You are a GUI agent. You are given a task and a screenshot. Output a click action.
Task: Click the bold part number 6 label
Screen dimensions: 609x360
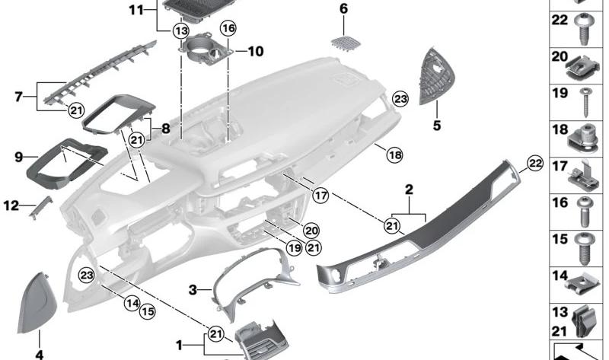(344, 8)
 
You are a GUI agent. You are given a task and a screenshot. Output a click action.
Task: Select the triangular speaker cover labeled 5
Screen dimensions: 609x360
(437, 76)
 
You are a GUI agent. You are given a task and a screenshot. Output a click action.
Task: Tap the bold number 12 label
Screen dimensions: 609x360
(11, 205)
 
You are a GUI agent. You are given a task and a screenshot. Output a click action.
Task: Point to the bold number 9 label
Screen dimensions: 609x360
(18, 158)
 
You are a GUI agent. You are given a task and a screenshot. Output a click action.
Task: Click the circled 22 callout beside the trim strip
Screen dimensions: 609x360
(535, 163)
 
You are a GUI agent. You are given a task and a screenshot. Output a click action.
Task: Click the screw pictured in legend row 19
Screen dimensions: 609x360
(585, 102)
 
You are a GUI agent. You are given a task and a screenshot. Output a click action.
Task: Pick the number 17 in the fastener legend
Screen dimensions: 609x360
(560, 166)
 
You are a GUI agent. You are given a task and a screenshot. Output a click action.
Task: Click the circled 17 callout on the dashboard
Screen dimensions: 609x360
(320, 195)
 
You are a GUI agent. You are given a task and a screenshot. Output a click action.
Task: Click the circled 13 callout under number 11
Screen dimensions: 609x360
(181, 30)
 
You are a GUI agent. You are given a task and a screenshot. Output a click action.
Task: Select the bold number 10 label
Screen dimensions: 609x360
(256, 51)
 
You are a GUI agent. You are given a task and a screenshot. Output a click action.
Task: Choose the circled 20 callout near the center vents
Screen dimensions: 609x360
(311, 231)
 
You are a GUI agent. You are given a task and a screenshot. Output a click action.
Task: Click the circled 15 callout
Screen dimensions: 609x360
(147, 311)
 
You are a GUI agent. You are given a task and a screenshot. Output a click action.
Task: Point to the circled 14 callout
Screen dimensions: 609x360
(132, 302)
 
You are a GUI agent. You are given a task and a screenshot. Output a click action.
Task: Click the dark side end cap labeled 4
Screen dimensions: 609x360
(37, 303)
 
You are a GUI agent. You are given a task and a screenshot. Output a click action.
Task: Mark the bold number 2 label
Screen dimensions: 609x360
(409, 190)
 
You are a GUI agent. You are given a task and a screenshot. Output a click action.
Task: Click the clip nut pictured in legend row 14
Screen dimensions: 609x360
(582, 287)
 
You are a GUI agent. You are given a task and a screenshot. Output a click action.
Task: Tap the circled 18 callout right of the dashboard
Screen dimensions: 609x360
(394, 155)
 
